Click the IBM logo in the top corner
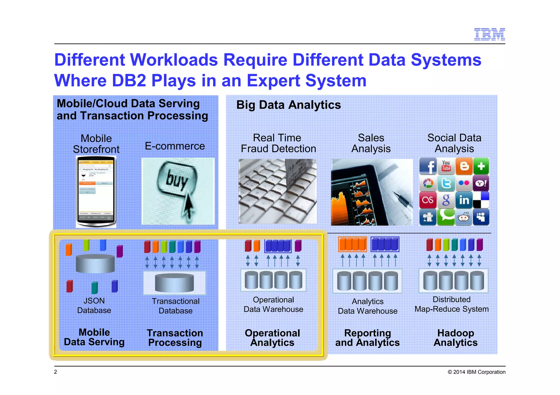click(x=489, y=34)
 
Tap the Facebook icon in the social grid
click(x=428, y=166)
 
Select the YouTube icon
click(x=446, y=166)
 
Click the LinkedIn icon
click(x=464, y=200)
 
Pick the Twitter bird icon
click(x=446, y=183)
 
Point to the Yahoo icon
click(x=481, y=183)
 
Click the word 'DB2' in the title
click(x=129, y=81)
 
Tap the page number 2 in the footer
click(x=56, y=372)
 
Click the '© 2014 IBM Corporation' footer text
click(x=476, y=372)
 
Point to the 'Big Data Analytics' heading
click(x=288, y=105)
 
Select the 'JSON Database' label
click(x=94, y=305)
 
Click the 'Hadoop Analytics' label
click(x=456, y=338)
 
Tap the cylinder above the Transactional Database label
click(x=174, y=283)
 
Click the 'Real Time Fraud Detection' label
click(x=278, y=143)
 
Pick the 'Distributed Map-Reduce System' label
click(x=451, y=304)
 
